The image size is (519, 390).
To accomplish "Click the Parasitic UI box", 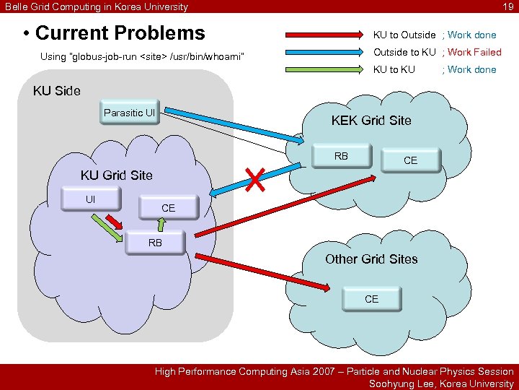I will pos(130,113).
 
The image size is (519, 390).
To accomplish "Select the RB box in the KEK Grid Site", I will pos(341,156).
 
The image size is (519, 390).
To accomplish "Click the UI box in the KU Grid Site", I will pos(91,199).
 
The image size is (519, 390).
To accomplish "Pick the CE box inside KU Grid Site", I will pos(168,208).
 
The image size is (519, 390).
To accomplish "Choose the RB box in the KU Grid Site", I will pos(155,243).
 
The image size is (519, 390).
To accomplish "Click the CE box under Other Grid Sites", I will pos(371,299).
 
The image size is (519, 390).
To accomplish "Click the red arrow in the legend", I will pos(324,35).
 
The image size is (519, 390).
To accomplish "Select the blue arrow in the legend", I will pos(324,52).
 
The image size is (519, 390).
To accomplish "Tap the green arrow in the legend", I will pos(324,70).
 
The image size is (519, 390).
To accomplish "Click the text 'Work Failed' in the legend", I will pos(474,52).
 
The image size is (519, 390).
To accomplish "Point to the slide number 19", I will pos(507,6).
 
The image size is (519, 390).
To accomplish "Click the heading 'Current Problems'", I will pos(120,33).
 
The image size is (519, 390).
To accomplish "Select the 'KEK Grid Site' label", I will pos(371,121).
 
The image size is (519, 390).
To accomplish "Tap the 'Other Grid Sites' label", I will pos(371,259).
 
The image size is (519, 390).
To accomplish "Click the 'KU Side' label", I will pos(57,91).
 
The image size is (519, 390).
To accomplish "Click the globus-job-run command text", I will pos(143,56).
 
